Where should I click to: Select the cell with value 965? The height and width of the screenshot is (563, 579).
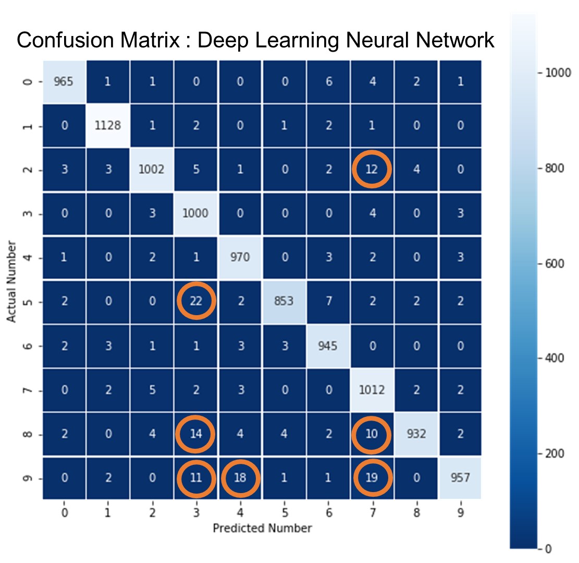click(x=64, y=83)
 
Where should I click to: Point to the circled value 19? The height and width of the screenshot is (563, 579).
click(x=372, y=478)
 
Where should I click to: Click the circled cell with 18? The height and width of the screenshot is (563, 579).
click(x=240, y=478)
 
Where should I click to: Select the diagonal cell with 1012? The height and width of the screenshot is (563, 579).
click(x=372, y=390)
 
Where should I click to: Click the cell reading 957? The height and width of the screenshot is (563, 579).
click(x=460, y=478)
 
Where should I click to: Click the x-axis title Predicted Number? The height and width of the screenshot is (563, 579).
click(x=262, y=528)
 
